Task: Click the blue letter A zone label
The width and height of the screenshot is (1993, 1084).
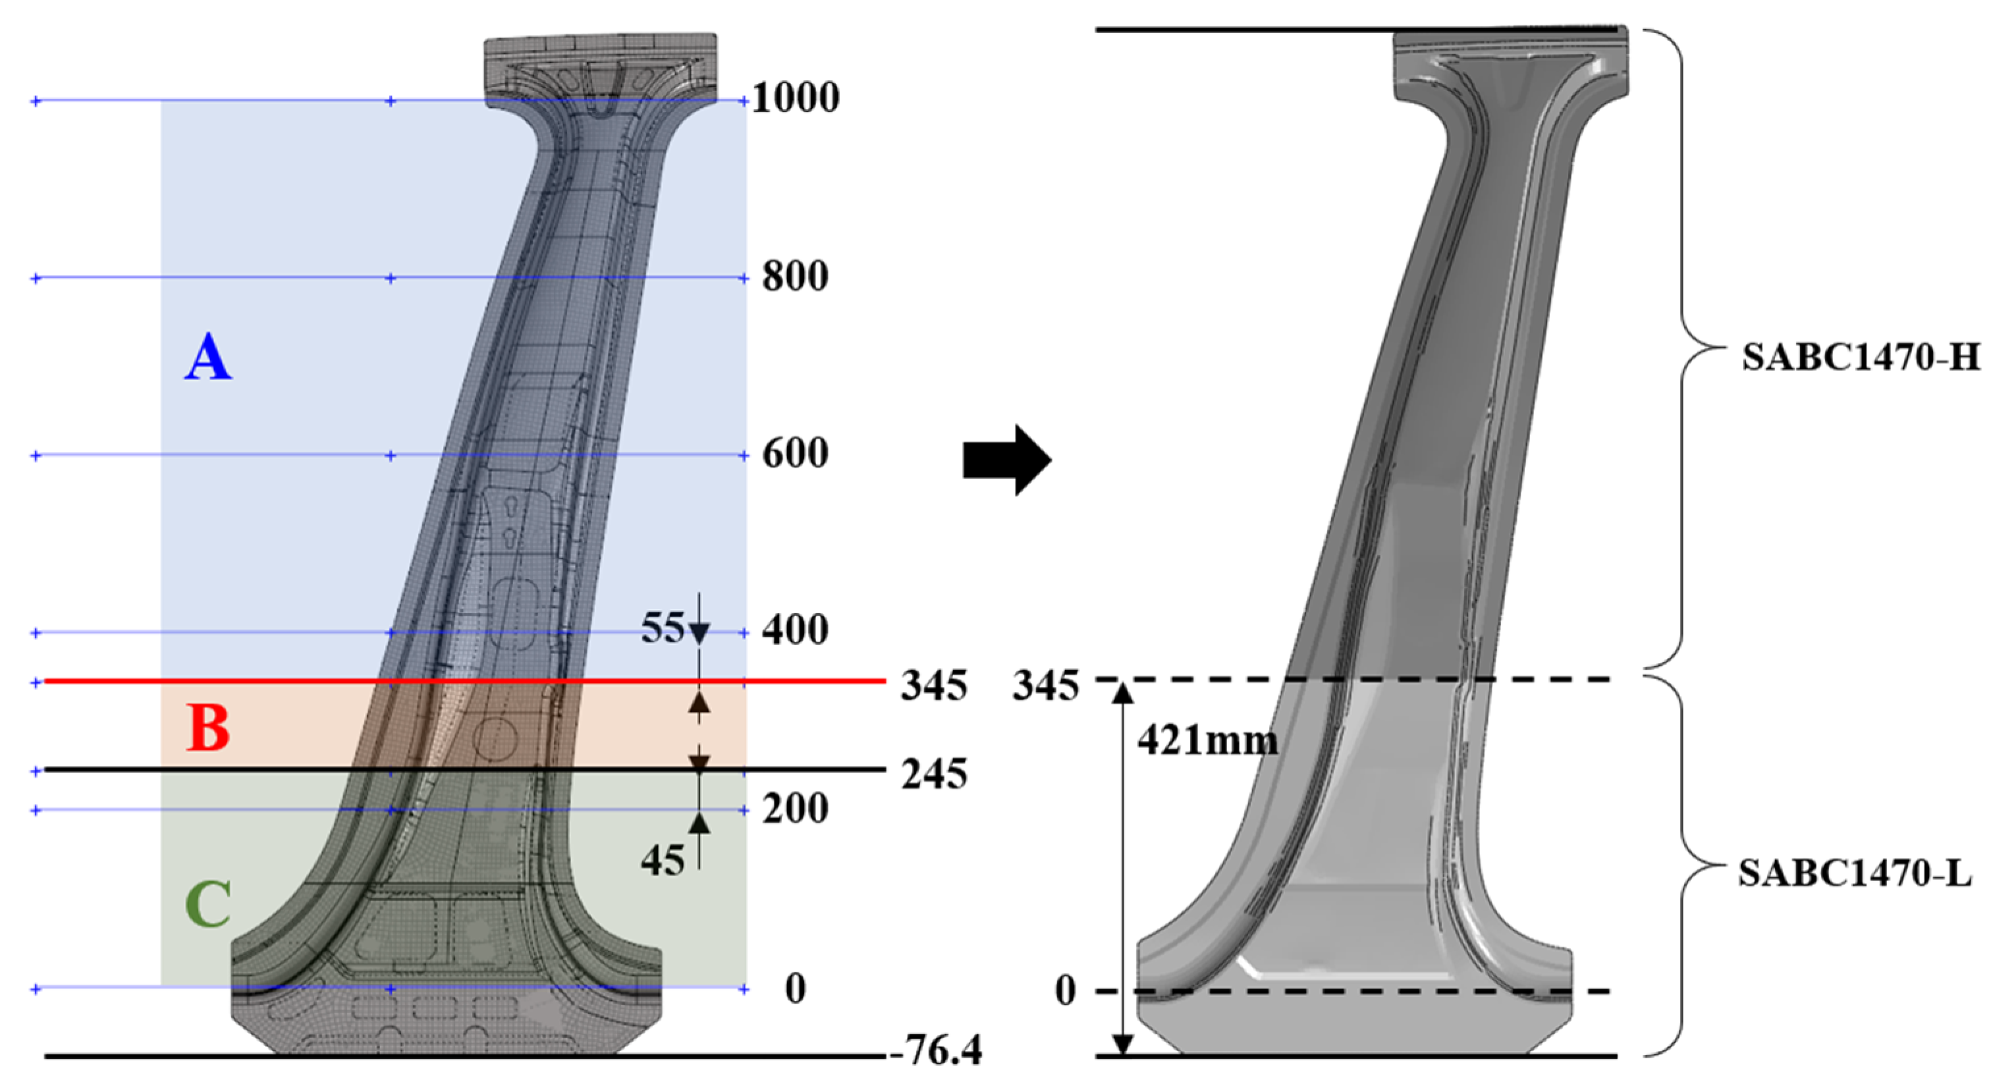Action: click(x=208, y=358)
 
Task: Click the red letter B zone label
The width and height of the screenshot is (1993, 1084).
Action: click(x=209, y=729)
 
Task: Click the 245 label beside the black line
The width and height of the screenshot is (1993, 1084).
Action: click(x=934, y=774)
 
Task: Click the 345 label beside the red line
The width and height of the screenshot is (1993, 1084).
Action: click(x=934, y=686)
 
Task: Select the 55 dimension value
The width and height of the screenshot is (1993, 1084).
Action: click(x=663, y=628)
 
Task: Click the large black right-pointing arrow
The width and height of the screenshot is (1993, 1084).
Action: click(x=1006, y=460)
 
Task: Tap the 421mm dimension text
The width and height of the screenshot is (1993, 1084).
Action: click(x=1208, y=742)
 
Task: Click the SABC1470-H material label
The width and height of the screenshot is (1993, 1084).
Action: click(x=1860, y=359)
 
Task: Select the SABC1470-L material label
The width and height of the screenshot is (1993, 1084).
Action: click(x=1855, y=875)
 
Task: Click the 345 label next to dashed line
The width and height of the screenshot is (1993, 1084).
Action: click(x=1045, y=686)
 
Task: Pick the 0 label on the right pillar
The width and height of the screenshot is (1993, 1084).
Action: click(x=1066, y=991)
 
